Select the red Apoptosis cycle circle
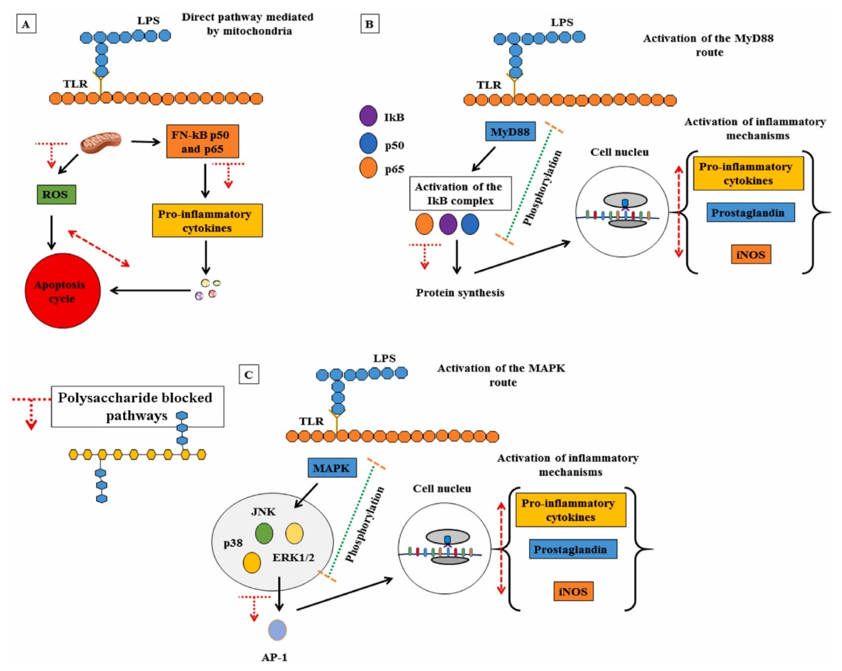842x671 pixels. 63,291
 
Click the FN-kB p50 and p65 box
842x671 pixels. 202,142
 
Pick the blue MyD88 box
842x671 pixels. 510,132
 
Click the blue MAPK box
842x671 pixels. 332,468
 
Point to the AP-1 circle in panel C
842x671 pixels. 277,630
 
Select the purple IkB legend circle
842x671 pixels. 368,116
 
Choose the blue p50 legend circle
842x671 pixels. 368,143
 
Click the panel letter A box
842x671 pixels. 26,24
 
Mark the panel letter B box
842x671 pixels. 369,24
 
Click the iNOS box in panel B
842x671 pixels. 751,254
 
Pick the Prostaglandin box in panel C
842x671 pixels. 573,549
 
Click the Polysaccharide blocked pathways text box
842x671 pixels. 138,406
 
